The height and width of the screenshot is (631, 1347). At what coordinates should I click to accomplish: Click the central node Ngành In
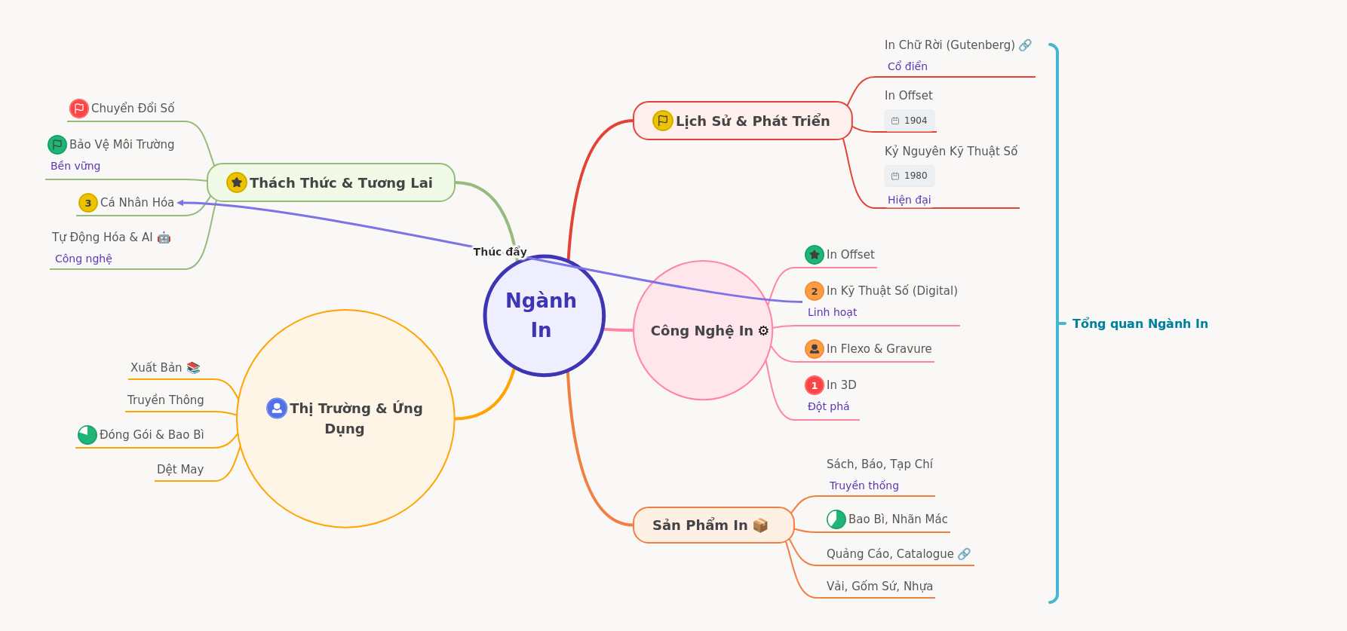(545, 315)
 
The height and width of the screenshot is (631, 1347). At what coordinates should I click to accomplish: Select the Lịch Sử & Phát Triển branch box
(743, 121)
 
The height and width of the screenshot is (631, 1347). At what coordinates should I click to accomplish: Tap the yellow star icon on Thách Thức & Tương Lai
(237, 182)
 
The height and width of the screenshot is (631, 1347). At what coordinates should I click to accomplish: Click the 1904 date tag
(910, 121)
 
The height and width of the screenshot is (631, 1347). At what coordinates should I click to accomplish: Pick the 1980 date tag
(910, 176)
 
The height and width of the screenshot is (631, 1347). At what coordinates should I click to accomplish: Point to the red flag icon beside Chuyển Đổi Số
(79, 109)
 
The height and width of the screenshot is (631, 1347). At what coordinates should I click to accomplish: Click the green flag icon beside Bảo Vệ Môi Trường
(57, 145)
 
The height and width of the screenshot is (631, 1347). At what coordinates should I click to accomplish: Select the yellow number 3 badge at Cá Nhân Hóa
(88, 203)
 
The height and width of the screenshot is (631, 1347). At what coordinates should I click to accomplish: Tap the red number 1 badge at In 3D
(815, 385)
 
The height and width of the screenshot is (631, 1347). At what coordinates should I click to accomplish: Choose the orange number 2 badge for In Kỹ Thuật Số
(815, 291)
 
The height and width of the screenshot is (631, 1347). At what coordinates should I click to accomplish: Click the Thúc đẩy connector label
(500, 252)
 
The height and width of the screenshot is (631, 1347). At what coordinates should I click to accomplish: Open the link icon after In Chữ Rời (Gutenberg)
(1025, 45)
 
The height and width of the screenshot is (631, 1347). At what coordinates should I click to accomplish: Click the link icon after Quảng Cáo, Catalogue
(964, 554)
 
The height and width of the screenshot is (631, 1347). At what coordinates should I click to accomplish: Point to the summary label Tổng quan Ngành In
(1140, 323)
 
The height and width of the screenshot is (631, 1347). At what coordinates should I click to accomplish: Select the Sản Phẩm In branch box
(713, 525)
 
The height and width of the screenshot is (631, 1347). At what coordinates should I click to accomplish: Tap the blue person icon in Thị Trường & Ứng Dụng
(277, 408)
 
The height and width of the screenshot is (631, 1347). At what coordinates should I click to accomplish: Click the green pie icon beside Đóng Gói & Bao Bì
(87, 435)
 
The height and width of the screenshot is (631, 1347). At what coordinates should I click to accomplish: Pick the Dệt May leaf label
(180, 470)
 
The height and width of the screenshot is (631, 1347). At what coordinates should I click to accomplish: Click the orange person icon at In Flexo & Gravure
(815, 349)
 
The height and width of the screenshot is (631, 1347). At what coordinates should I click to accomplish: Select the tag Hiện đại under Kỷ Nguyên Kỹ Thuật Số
(910, 200)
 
